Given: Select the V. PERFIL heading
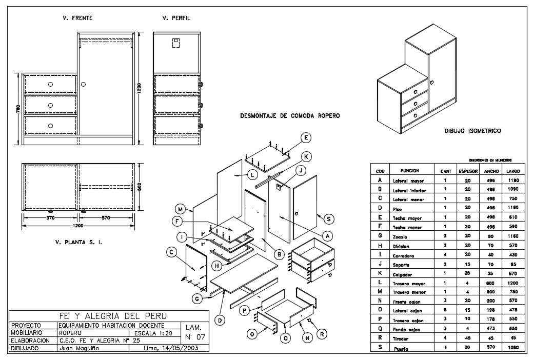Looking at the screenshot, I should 176,18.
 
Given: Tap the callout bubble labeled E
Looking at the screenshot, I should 306,137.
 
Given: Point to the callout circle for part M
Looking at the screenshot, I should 180,209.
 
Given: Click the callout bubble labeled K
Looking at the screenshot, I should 305,156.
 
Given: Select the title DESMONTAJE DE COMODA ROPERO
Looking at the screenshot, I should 290,116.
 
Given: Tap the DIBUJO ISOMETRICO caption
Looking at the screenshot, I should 472,131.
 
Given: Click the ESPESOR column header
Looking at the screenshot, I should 467,171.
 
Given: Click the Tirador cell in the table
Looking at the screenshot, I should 403,339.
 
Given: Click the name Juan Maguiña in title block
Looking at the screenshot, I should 78,348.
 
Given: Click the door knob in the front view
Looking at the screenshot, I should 83,84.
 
